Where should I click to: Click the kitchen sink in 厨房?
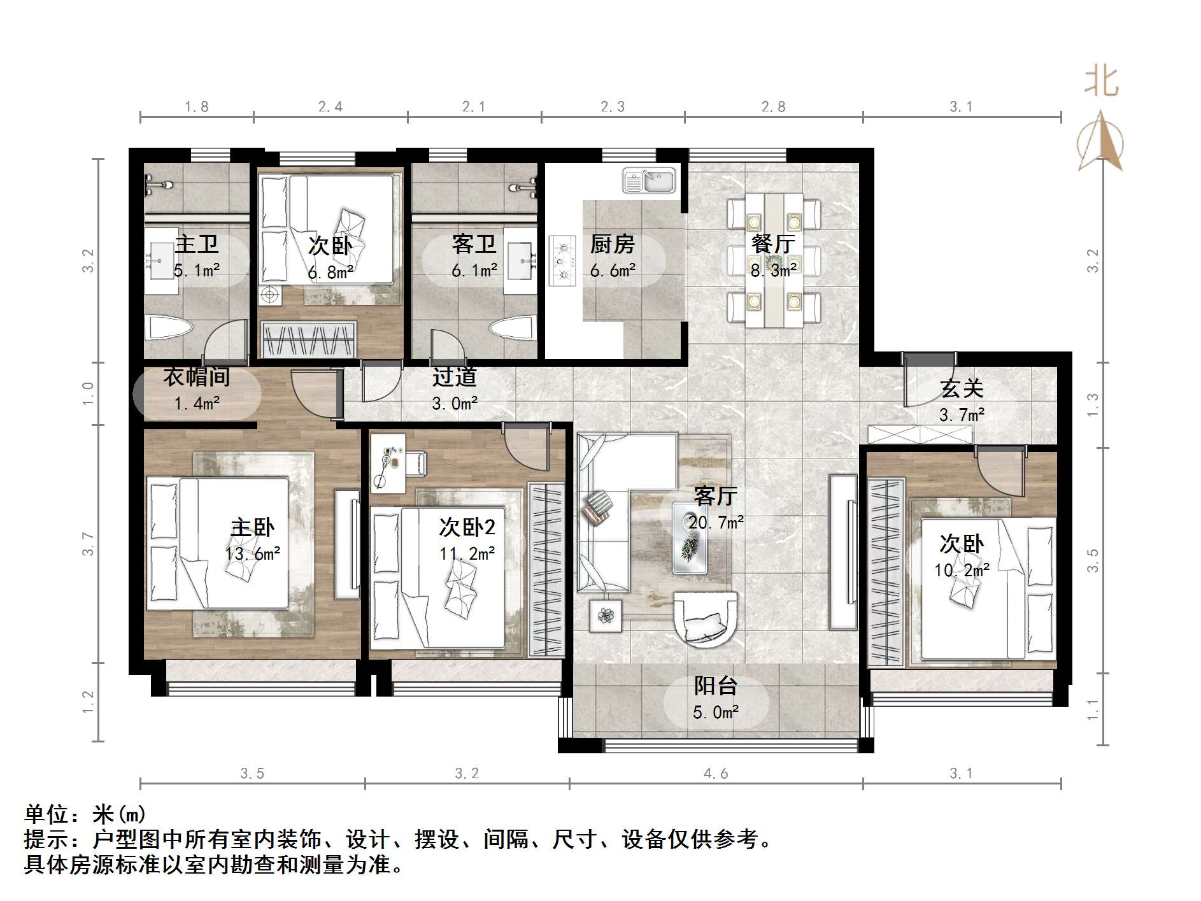coord(649,181)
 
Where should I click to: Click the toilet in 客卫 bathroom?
coord(512,330)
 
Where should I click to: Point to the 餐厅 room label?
coord(773,244)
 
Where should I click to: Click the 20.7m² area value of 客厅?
coord(716,523)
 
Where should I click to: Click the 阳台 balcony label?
coord(716,686)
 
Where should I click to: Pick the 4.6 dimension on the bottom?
coord(716,773)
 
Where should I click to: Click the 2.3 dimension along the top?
coord(613,107)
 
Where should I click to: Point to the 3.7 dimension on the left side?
coord(88,544)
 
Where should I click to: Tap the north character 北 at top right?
coord(1101,83)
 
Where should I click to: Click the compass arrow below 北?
coord(1100,141)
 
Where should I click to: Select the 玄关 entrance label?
coord(962,388)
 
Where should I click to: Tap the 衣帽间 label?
coord(197,377)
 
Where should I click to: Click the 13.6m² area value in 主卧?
coord(253,554)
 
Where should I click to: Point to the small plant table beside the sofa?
coord(605,616)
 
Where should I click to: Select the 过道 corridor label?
coord(454,377)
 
